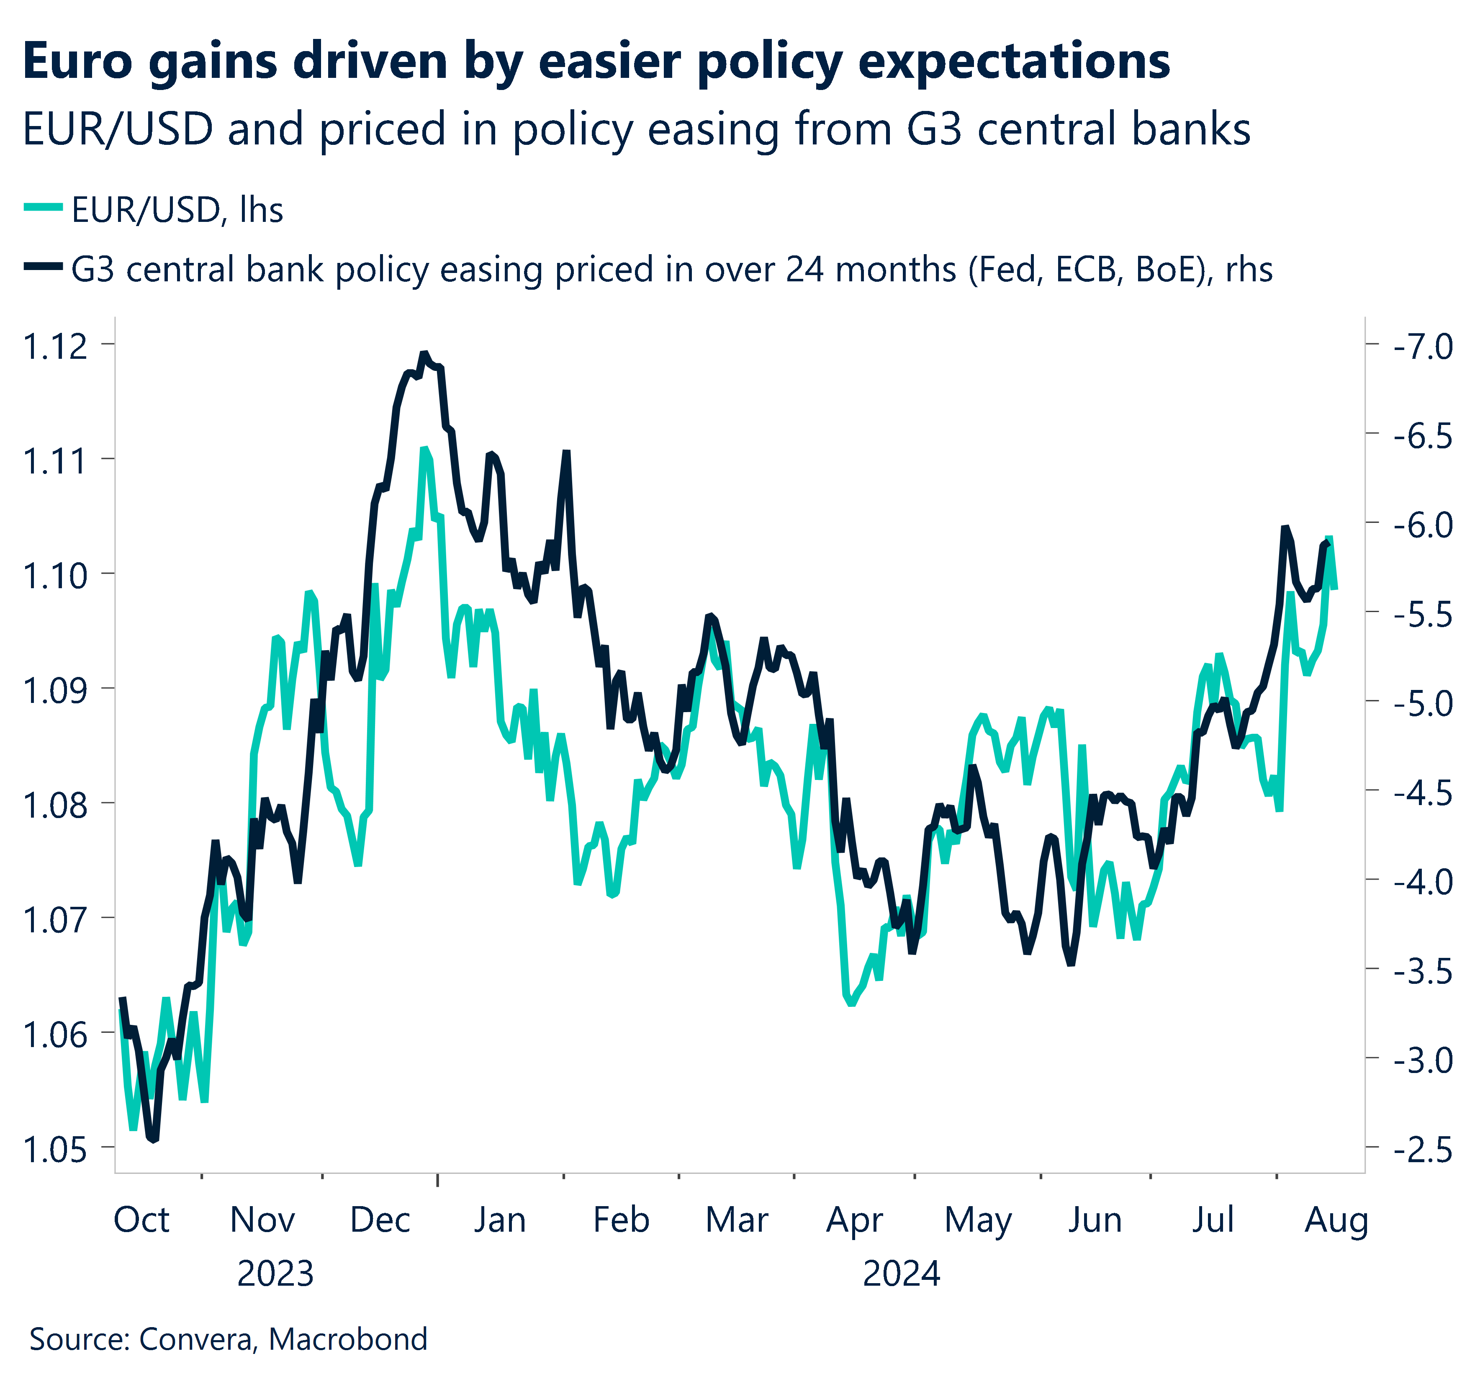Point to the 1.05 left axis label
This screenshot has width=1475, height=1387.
pos(55,1150)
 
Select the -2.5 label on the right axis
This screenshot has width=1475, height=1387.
pos(1422,1150)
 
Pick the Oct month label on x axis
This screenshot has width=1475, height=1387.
pos(141,1220)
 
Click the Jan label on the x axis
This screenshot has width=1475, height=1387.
pos(499,1220)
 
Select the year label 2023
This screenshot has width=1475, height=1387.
pos(275,1274)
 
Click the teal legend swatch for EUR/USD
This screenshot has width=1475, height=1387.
pos(43,208)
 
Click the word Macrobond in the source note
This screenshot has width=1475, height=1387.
pos(347,1339)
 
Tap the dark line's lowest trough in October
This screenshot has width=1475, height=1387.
pos(154,1139)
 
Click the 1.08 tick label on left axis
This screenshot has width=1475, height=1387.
pos(55,805)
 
